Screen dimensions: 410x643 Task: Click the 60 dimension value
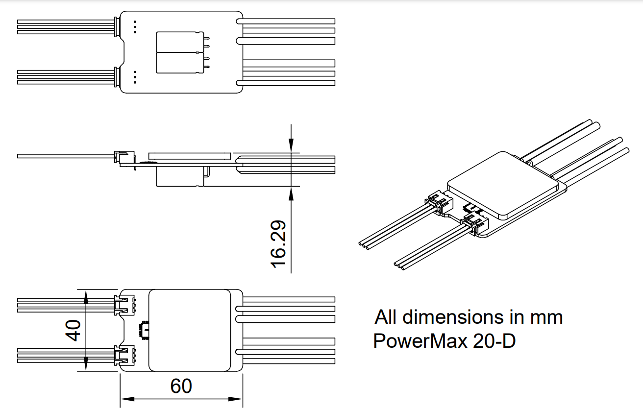[181, 386]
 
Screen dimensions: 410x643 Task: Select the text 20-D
[494, 340]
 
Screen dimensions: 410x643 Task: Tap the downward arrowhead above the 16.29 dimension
[291, 144]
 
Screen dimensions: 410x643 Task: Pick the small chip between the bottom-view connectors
[145, 330]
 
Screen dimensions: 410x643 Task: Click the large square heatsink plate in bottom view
[190, 330]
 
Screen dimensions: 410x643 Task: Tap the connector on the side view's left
[121, 157]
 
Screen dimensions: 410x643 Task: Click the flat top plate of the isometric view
[502, 184]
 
